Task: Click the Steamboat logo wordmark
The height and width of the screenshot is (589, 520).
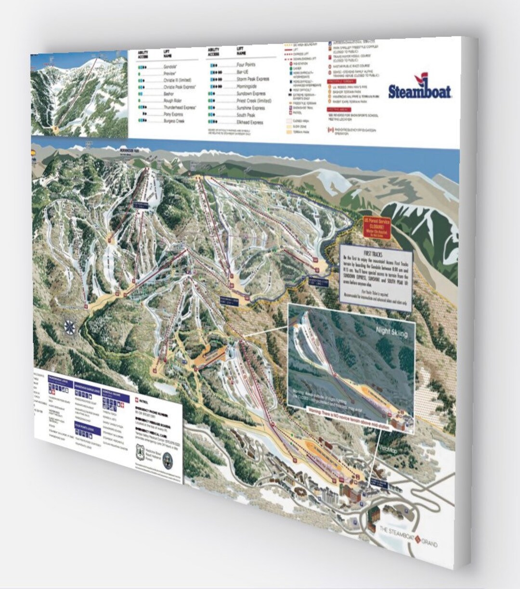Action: (x=419, y=91)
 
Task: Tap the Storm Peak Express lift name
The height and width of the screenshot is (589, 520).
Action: (x=253, y=79)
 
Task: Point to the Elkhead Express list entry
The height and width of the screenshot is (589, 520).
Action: (x=249, y=123)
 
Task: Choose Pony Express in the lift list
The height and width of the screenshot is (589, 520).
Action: (x=173, y=115)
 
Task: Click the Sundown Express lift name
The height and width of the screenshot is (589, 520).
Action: (x=251, y=94)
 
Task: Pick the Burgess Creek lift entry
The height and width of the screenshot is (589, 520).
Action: (x=174, y=122)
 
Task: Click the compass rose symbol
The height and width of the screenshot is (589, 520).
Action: (x=70, y=327)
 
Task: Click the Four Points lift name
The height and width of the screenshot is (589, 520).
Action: (x=246, y=64)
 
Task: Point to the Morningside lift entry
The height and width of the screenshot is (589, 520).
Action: (x=247, y=87)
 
